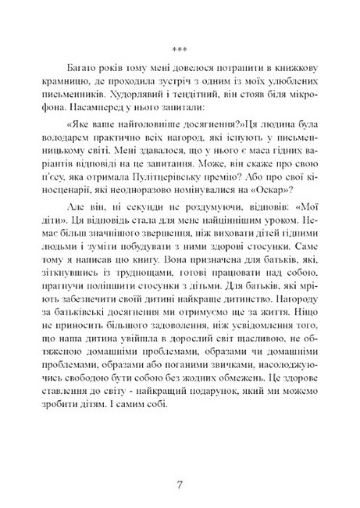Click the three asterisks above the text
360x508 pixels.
pos(180,36)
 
